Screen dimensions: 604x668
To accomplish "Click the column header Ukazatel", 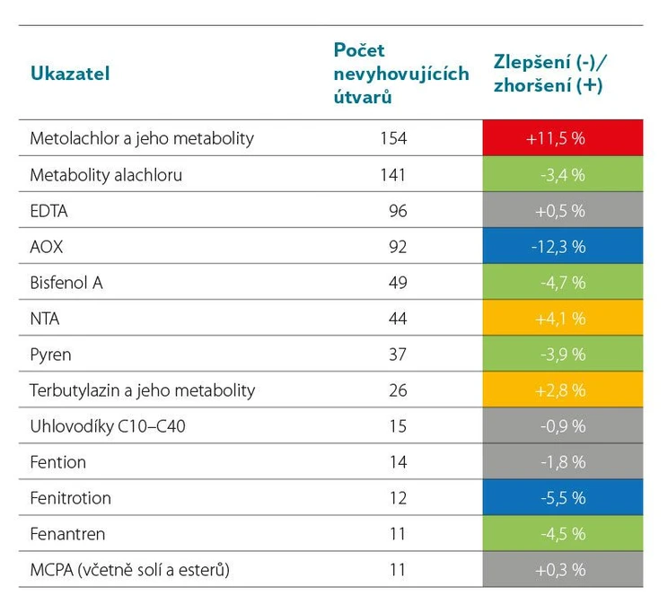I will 70,74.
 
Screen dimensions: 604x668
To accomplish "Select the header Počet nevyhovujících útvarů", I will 400,74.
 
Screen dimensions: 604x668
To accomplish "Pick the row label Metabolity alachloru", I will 106,175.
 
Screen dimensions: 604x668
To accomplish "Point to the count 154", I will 393,139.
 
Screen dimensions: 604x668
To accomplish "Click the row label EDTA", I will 49,211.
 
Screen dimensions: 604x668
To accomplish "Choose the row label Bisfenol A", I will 66,283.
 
